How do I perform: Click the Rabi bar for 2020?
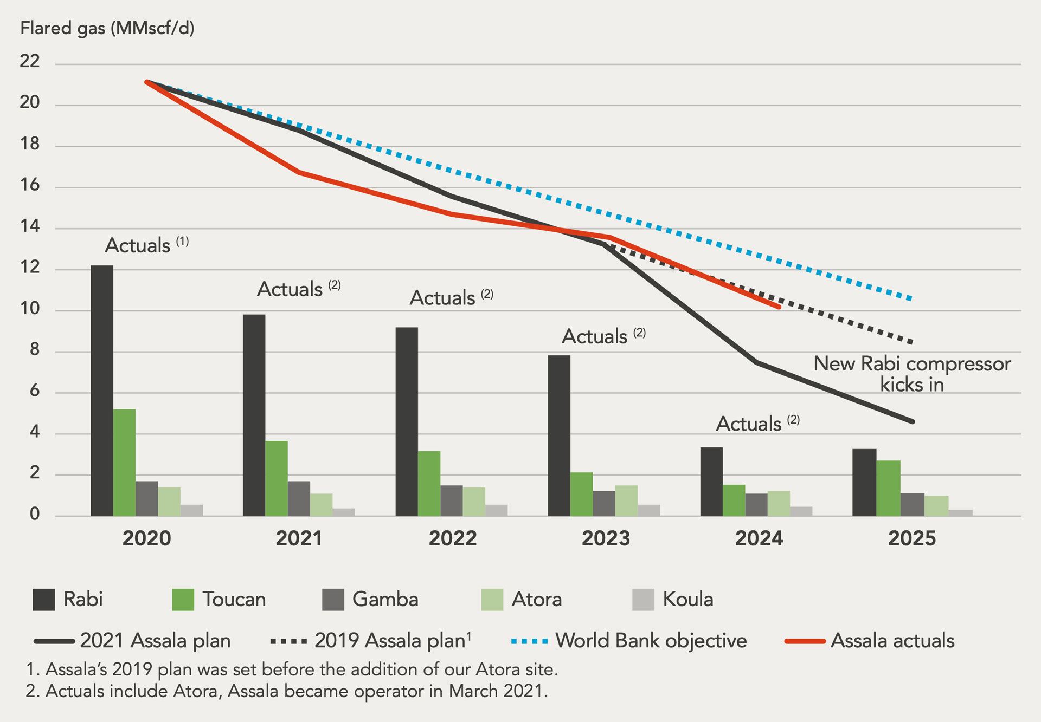(102, 391)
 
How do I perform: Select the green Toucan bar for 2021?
(277, 478)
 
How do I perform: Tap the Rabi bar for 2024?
(711, 482)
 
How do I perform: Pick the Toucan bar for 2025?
(888, 488)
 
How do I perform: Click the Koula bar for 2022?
(496, 510)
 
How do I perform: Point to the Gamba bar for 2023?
(604, 503)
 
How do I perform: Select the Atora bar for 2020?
(169, 502)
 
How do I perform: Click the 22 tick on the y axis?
(30, 61)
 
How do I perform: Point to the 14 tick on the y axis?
(30, 226)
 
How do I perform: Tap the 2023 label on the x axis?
(606, 538)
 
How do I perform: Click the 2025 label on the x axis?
(912, 538)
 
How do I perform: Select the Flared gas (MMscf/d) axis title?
(107, 28)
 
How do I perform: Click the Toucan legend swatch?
(183, 600)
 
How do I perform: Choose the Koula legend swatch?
(643, 600)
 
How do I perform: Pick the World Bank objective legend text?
(651, 641)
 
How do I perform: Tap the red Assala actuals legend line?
(805, 641)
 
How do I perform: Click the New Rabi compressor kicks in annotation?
(912, 374)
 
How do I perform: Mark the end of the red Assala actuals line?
(779, 307)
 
